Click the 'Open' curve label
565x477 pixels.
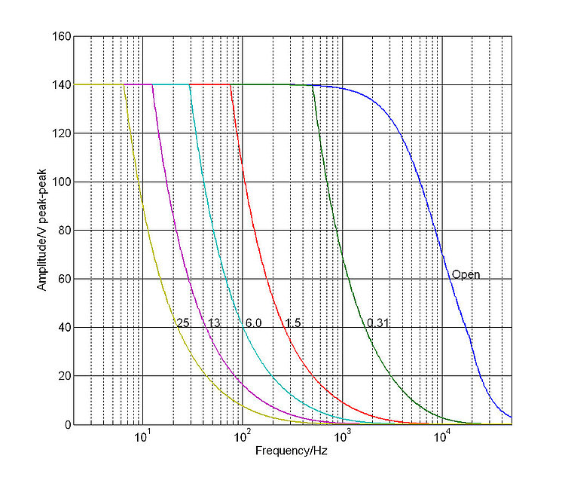coord(466,274)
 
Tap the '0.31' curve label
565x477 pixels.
coord(378,323)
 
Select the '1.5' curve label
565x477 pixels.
coord(292,323)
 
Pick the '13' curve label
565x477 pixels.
coord(214,323)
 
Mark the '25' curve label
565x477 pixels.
coord(182,323)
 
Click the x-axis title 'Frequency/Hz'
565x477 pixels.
coord(286,451)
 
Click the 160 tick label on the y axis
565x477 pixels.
coord(61,36)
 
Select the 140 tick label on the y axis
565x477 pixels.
coord(61,85)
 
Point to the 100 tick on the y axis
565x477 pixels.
coord(61,182)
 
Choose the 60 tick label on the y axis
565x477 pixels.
coord(63,279)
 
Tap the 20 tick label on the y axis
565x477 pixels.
coord(63,376)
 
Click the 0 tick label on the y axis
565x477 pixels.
coord(66,425)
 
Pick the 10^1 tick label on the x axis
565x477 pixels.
coord(142,438)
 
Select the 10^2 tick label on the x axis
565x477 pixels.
coord(243,438)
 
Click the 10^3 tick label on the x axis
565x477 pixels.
coord(343,438)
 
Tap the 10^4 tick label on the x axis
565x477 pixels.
coord(443,438)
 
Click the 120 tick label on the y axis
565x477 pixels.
coord(61,133)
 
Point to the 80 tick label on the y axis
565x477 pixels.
coord(63,231)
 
